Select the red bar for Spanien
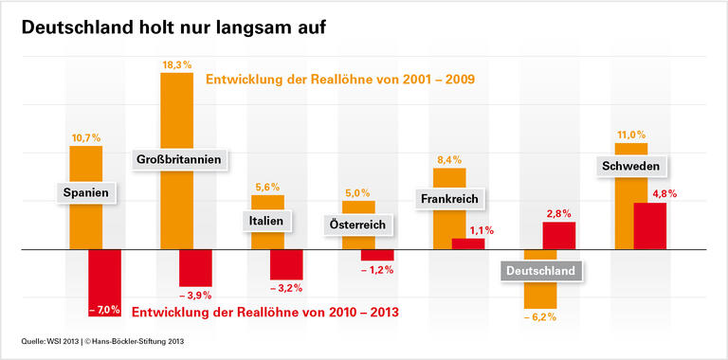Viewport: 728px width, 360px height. point(104,283)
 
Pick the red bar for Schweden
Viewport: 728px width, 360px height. point(649,226)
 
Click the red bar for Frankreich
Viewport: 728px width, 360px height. point(467,243)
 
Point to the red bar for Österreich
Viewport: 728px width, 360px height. point(376,255)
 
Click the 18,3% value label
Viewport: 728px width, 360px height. point(176,64)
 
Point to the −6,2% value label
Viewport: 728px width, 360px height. point(540,317)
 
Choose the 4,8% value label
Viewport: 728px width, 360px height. point(649,194)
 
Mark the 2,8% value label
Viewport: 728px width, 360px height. point(558,213)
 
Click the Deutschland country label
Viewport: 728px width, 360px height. point(539,271)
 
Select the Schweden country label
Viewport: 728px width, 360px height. point(631,167)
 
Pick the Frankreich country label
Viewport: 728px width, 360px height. point(450,199)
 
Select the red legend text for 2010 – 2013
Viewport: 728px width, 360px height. point(264,312)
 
